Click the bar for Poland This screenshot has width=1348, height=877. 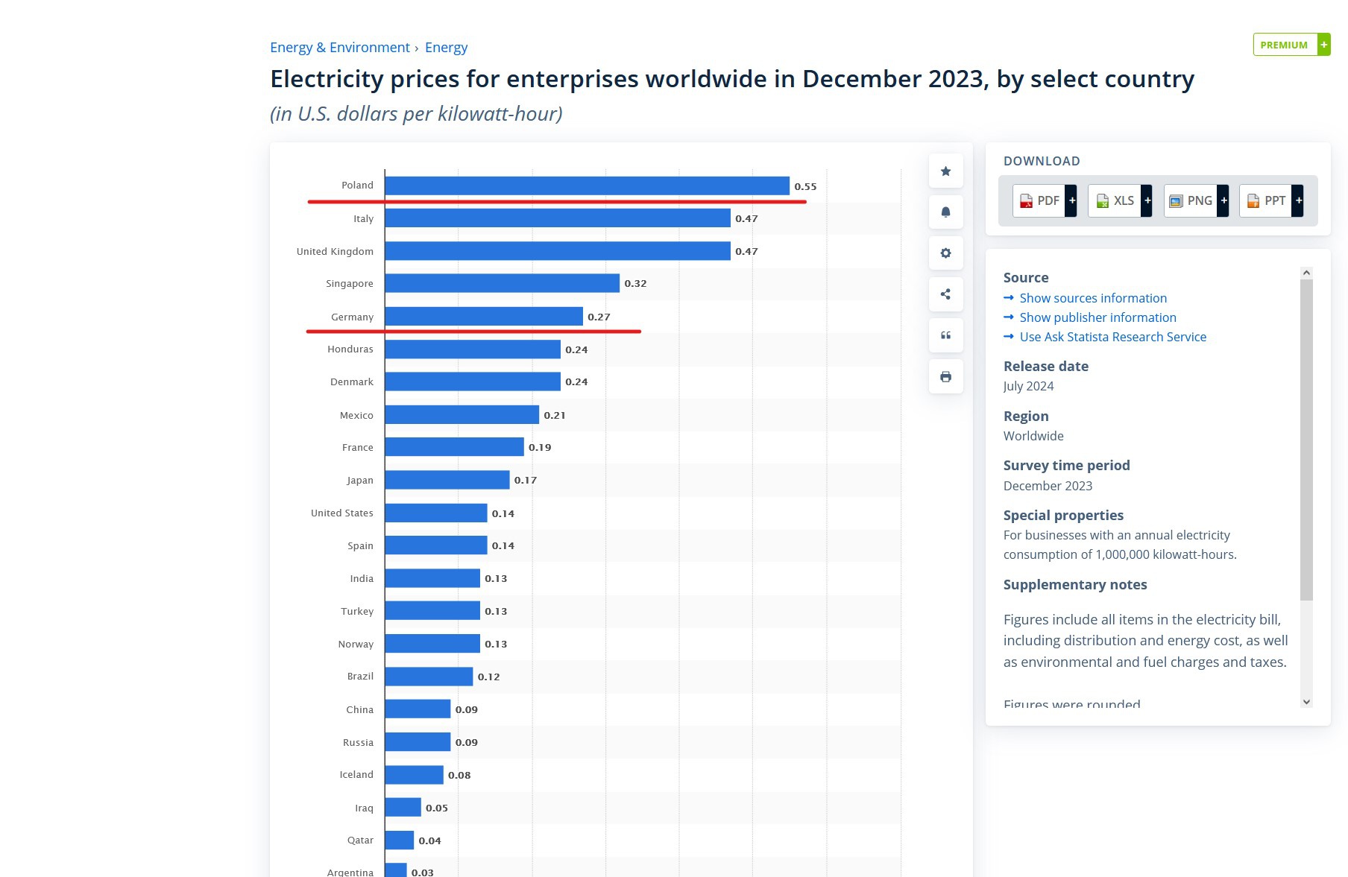click(587, 186)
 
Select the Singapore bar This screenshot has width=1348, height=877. click(502, 283)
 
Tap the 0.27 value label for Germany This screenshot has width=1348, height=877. click(599, 317)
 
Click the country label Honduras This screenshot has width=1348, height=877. click(350, 349)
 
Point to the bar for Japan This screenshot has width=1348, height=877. click(447, 480)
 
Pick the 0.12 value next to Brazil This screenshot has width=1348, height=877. click(488, 677)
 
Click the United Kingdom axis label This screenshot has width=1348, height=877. click(335, 251)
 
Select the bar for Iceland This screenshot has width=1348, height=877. click(414, 775)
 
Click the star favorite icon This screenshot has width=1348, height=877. click(945, 171)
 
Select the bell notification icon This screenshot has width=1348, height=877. click(945, 212)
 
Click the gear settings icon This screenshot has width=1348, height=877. click(945, 253)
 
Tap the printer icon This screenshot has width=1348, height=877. click(945, 376)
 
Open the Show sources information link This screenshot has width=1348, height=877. click(1092, 298)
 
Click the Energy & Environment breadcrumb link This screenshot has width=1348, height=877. click(339, 48)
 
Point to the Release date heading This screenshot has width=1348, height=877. click(1045, 366)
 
